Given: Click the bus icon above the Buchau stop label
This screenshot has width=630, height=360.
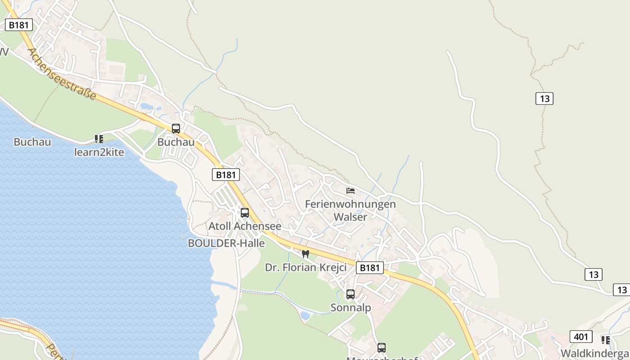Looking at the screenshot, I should [176, 128].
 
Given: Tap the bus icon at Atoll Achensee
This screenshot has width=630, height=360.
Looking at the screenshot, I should [245, 213].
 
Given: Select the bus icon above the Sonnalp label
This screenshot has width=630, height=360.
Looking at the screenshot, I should [351, 294].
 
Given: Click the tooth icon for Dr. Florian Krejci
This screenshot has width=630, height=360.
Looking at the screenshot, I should [306, 254].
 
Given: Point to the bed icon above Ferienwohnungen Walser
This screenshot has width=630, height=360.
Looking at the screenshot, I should [351, 191].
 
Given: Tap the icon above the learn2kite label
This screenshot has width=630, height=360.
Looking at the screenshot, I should [99, 139].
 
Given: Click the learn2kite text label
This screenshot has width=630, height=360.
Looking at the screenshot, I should [99, 152].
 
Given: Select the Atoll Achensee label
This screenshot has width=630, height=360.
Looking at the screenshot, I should [245, 226].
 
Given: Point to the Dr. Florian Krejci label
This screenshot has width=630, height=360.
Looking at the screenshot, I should [306, 267].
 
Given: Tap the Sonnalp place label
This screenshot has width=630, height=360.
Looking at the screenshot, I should [351, 308].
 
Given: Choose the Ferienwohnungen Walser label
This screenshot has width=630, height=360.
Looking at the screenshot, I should [351, 210].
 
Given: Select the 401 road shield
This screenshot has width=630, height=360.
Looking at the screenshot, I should [581, 336].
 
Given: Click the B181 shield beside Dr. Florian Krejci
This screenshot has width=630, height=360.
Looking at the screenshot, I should [370, 268].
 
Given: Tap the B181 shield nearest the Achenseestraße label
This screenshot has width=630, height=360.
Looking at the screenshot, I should [19, 25].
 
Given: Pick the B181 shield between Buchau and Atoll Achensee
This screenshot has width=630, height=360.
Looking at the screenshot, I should [226, 175].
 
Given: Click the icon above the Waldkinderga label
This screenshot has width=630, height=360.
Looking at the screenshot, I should [606, 340].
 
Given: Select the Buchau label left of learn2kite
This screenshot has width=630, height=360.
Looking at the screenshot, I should [32, 142].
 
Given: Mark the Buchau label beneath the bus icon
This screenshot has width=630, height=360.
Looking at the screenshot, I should [176, 142].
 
